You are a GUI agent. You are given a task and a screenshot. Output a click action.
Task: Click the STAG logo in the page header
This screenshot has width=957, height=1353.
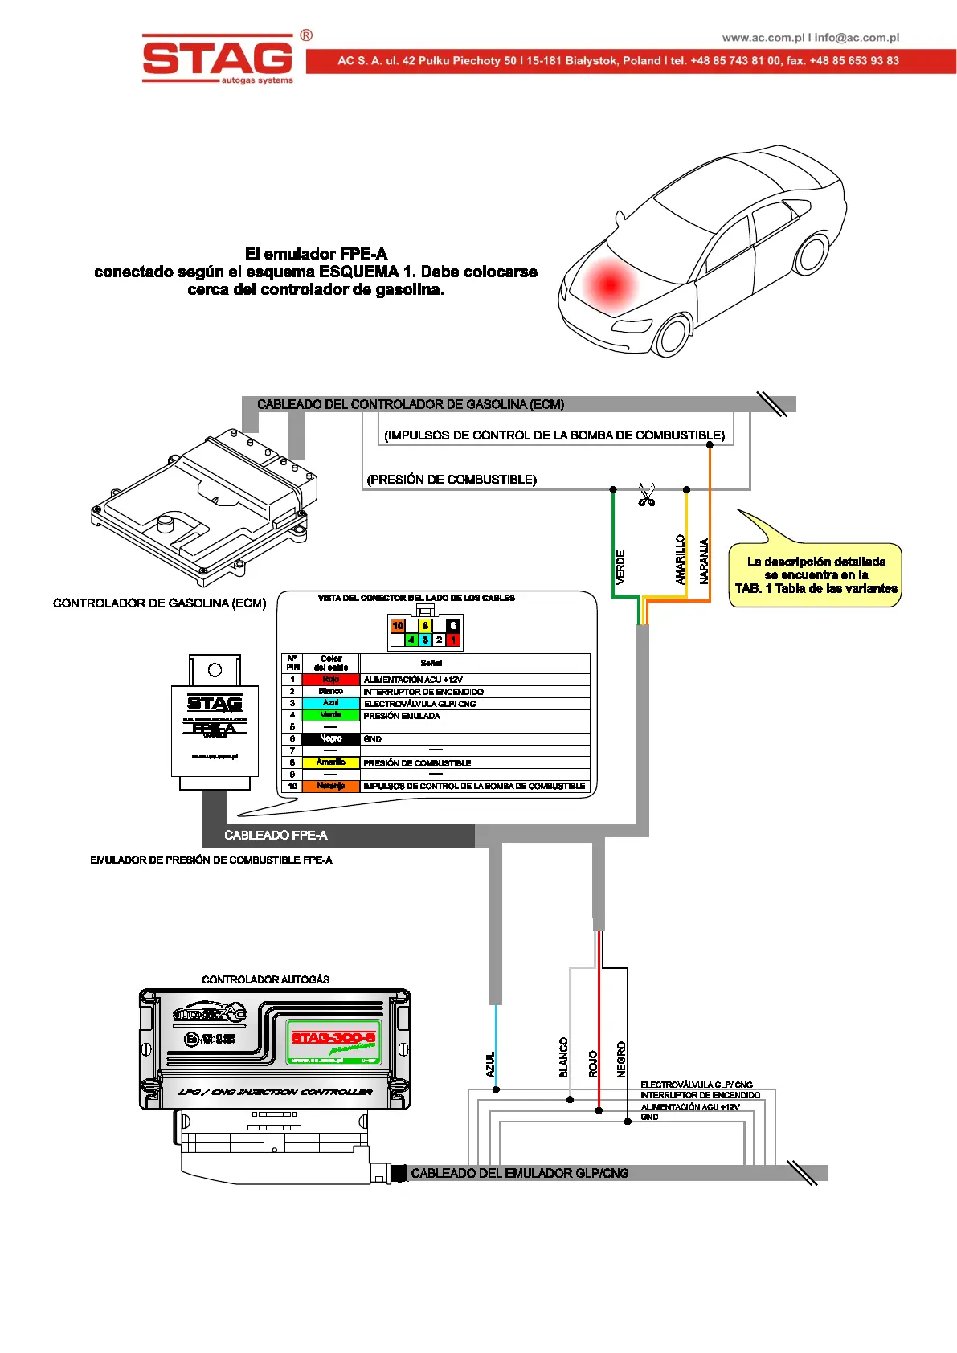218,58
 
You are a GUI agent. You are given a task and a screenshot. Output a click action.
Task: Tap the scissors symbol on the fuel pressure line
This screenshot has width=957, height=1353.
646,495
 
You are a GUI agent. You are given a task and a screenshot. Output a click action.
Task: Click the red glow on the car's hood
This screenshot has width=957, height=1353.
610,284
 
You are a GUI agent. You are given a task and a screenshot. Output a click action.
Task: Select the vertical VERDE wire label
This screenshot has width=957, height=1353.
620,566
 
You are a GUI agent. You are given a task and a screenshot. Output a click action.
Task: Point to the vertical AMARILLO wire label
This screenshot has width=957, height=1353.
680,560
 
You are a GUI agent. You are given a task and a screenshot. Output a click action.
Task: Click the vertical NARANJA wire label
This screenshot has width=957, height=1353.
704,561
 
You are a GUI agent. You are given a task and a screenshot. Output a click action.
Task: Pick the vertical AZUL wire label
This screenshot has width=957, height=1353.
490,1064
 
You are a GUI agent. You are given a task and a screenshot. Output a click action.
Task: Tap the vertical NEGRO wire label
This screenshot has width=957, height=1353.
621,1060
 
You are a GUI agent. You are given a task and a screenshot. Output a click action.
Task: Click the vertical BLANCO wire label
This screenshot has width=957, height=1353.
563,1057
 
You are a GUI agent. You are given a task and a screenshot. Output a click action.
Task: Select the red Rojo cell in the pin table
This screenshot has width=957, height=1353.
330,680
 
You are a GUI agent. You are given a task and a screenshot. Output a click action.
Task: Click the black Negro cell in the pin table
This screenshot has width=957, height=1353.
330,738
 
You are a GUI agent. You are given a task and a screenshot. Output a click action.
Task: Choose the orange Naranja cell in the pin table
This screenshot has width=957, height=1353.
330,786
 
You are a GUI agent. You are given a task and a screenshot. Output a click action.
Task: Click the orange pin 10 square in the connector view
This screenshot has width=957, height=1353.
398,626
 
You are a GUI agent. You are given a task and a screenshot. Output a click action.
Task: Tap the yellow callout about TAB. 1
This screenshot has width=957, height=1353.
815,574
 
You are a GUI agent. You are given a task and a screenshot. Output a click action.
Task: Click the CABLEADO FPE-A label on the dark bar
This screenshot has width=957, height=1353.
276,836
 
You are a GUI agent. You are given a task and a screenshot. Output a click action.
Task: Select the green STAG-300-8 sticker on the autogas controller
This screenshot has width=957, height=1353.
333,1041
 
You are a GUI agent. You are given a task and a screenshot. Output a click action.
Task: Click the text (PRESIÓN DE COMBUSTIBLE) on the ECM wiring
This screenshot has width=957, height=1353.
452,480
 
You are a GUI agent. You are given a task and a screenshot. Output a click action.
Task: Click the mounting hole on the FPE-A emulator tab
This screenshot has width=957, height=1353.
215,670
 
